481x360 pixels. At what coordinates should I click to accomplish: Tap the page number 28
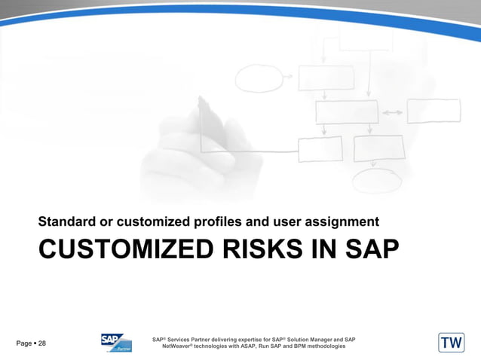pos(42,343)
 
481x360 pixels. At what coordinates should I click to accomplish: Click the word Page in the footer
pos(23,343)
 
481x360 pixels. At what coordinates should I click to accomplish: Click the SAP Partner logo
pos(116,343)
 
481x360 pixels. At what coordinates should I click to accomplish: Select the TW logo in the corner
pos(451,343)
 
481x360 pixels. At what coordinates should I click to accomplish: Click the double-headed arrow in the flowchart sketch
pos(391,111)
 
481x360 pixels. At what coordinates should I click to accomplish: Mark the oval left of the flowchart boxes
pos(259,78)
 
